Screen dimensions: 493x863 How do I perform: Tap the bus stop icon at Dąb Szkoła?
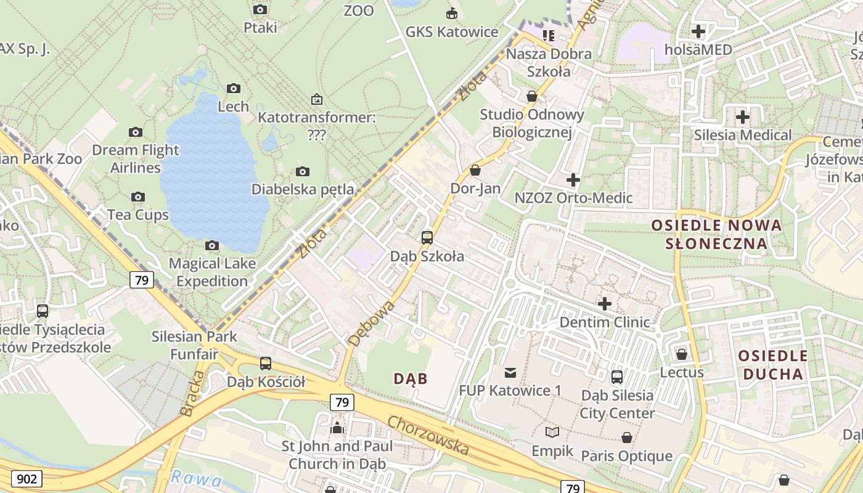pos(427,238)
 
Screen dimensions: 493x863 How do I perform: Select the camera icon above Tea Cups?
pos(138,197)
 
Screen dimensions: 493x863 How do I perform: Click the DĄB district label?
pos(411,378)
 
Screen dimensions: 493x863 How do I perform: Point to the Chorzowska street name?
pos(428,436)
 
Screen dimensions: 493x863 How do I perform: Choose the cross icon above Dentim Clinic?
pos(605,304)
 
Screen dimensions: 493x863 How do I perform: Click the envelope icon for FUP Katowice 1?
pos(510,372)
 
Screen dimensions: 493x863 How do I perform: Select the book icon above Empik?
pos(552,433)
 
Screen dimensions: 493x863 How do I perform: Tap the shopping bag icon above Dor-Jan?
pos(475,170)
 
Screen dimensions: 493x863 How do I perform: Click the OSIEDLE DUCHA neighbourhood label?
pos(772,365)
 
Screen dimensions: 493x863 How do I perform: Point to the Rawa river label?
pos(195,478)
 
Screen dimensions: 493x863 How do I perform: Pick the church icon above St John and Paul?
pos(337,427)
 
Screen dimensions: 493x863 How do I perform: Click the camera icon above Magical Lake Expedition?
pos(211,246)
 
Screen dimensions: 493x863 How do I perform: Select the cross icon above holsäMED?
pos(698,31)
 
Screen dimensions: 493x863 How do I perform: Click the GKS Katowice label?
pos(452,32)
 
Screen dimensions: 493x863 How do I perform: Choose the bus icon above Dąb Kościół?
pos(266,364)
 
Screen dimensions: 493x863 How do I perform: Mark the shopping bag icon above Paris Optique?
pos(627,438)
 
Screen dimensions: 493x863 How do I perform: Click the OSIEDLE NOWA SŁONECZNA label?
pos(716,234)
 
